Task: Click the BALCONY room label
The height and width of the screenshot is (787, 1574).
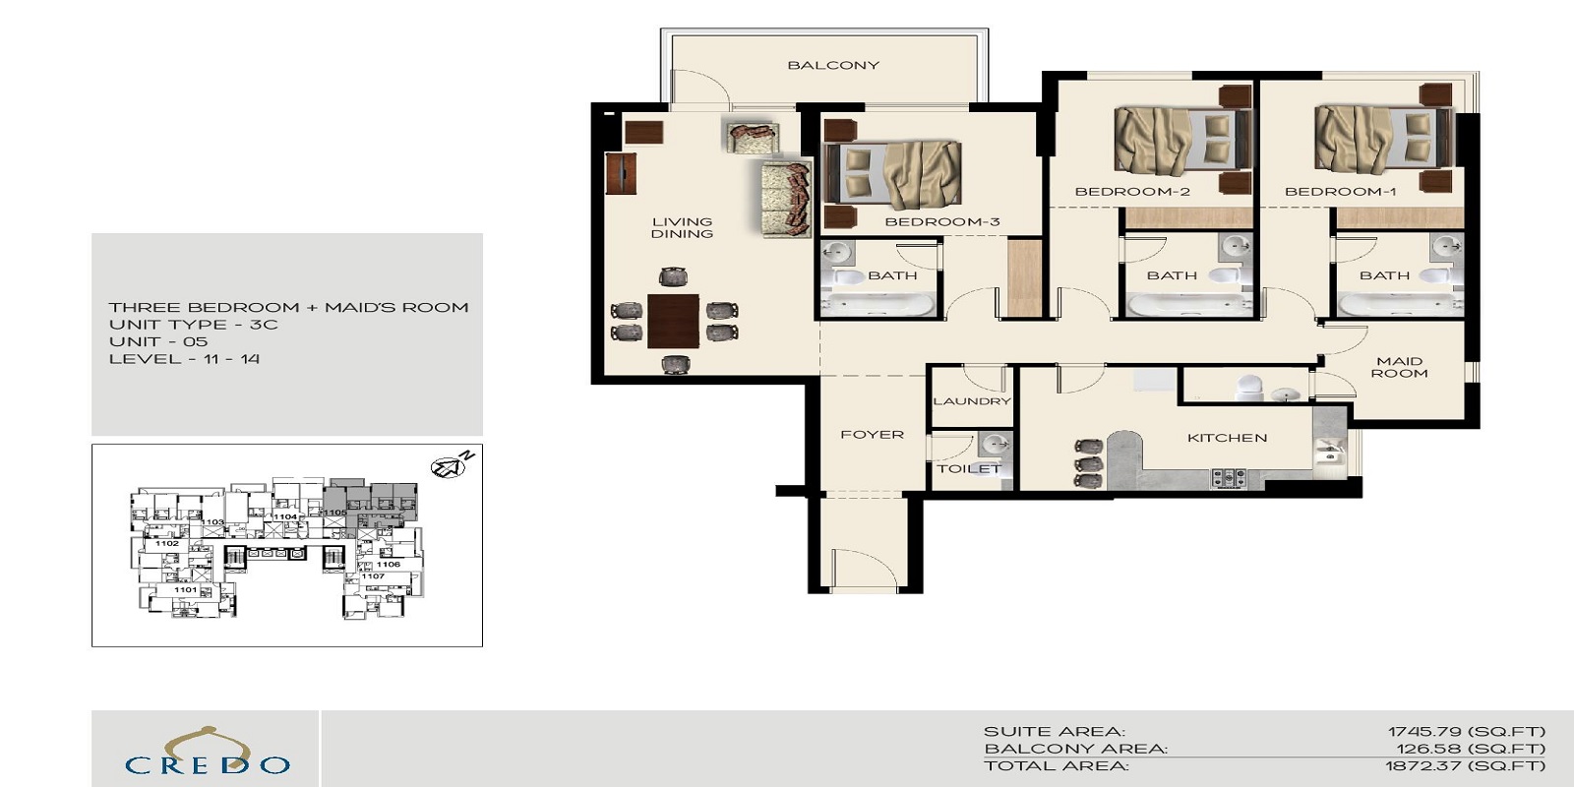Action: tap(832, 65)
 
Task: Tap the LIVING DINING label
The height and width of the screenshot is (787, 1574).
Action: tap(682, 227)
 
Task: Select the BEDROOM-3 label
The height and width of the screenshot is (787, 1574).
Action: tap(941, 221)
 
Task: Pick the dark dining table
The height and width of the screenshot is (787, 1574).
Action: tap(673, 321)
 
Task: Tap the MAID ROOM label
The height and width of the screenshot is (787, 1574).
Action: tap(1399, 367)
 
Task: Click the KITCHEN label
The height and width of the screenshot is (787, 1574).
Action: tap(1227, 438)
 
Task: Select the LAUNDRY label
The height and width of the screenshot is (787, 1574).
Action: tap(971, 401)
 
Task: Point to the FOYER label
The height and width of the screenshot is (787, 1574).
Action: tap(872, 434)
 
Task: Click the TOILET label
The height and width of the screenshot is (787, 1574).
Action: tap(968, 468)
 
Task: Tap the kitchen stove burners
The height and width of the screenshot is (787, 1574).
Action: tap(1228, 479)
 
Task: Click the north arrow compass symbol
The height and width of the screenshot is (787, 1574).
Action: tap(452, 464)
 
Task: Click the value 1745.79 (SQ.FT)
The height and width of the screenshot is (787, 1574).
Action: tap(1466, 731)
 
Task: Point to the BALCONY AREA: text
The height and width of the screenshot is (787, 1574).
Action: tap(1075, 749)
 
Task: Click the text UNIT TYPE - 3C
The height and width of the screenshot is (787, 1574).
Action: tap(193, 325)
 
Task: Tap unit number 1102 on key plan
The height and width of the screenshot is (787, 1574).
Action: tap(167, 543)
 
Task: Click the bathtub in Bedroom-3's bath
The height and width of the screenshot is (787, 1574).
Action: tap(878, 306)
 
